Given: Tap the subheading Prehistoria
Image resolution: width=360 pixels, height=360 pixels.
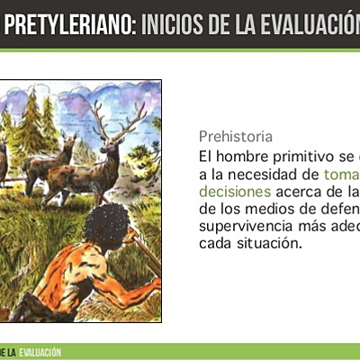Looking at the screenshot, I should click(235, 137).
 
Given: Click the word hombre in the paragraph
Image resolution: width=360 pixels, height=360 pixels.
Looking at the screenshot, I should click(242, 157).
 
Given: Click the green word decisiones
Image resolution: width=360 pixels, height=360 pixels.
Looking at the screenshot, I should click(234, 192).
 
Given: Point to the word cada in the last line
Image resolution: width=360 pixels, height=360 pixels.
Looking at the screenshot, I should click(215, 243).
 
